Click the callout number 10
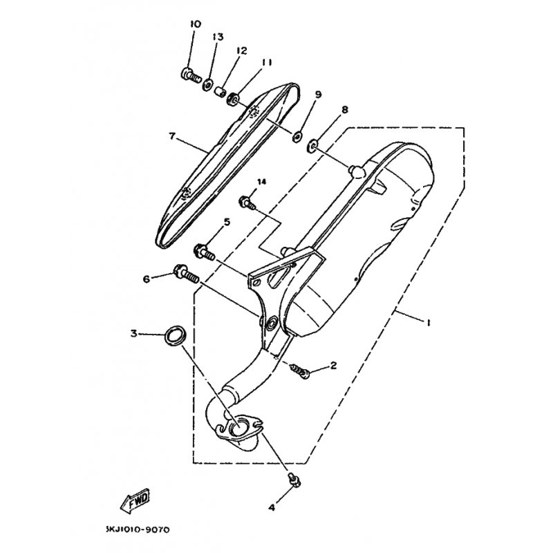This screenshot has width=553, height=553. point(196,24)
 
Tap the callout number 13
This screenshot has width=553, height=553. point(218,37)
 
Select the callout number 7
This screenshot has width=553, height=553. point(172,135)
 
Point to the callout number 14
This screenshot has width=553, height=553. point(262,182)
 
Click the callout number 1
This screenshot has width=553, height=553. point(429,322)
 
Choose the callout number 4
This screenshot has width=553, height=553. point(271,508)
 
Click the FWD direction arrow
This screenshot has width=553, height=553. point(135,500)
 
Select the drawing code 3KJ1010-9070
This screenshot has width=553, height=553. point(138,529)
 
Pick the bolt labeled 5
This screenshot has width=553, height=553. point(204,251)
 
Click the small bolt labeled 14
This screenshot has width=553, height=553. point(247,203)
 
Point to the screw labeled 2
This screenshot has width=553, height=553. point(300,371)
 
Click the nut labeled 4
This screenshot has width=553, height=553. point(294,480)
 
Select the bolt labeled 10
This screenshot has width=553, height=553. point(191,75)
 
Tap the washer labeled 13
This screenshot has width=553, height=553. point(207,85)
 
